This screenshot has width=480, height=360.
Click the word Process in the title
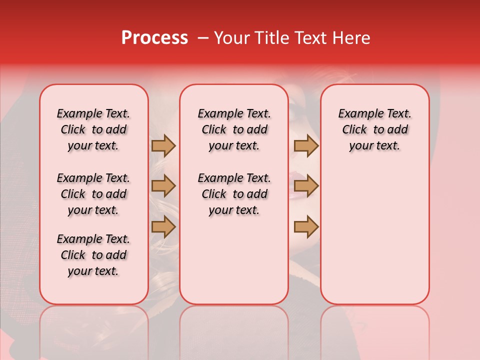point(154,38)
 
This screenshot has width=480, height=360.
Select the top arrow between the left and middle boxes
point(163,145)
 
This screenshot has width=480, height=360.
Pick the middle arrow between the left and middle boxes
point(163,186)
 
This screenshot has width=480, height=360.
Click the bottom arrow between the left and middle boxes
point(163,227)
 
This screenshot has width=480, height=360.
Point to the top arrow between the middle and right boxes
point(306,145)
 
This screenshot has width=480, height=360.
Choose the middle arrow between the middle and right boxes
point(306,186)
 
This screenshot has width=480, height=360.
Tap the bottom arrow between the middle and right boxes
point(306,227)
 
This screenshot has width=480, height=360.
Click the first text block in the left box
point(93,129)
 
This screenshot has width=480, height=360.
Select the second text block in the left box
point(93,194)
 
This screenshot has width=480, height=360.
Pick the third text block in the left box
point(93,255)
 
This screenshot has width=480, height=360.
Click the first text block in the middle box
point(234,129)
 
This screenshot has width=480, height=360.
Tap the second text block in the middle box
point(234,194)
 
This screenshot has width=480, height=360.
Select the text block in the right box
point(374,129)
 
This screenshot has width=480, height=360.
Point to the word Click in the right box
point(354,130)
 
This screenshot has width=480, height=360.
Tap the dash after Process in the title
point(203,38)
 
